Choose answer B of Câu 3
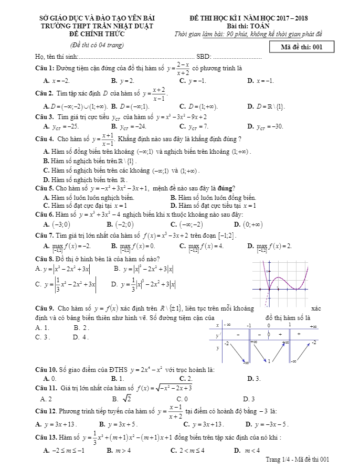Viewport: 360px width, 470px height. click(129, 126)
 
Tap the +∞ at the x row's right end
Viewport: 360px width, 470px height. click(313, 326)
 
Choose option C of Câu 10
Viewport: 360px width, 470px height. click(185, 378)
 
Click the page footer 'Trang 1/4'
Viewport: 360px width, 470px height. click(297, 460)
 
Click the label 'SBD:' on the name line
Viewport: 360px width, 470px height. click(203, 57)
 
